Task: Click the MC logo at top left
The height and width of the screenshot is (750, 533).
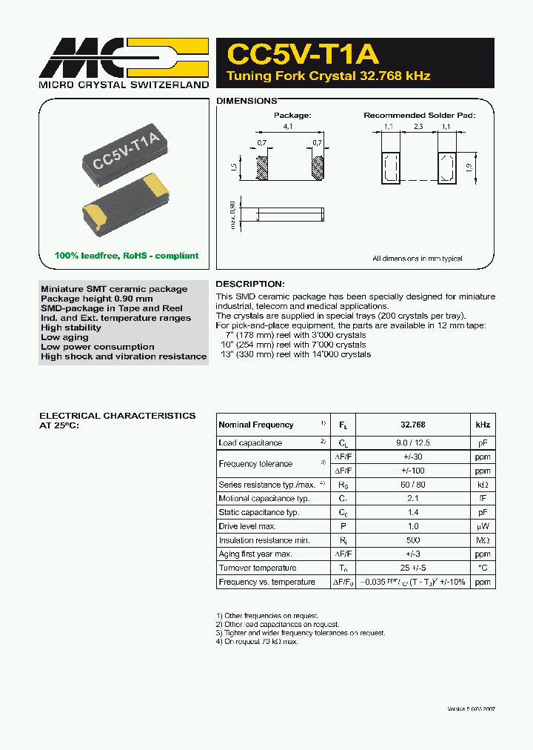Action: coord(122,59)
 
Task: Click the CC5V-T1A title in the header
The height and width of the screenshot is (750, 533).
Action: coord(303,54)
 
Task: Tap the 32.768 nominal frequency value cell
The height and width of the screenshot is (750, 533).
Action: coord(412,425)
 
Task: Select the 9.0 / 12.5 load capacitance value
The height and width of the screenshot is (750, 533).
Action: coord(412,442)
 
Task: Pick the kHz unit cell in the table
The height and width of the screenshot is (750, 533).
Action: coord(482,425)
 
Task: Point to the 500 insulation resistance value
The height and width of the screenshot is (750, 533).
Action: coord(412,540)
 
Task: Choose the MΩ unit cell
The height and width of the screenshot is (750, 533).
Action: coord(482,540)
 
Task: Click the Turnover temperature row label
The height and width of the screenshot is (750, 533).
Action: coord(257,568)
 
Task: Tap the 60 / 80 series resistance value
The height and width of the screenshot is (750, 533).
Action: coord(412,484)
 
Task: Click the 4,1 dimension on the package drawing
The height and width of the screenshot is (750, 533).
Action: coord(288,127)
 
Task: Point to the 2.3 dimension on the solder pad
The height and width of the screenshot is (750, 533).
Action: coord(418,127)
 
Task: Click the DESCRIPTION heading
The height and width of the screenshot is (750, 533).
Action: coord(249,284)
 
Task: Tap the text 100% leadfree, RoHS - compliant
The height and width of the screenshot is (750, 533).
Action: coord(127,256)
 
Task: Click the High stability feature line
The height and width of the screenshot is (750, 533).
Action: coord(71,328)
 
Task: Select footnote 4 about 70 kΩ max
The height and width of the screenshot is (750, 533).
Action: coord(257,641)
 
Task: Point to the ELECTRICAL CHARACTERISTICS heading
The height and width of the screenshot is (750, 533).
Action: coord(118,416)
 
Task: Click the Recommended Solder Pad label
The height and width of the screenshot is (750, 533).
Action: coord(419,116)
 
